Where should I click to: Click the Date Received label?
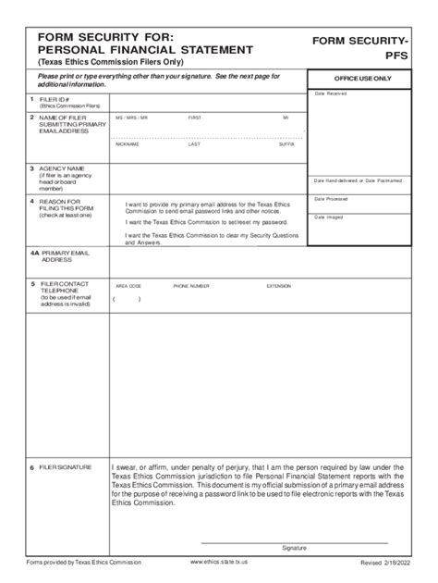click(331, 93)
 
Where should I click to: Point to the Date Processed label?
click(331, 199)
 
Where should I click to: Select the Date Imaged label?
click(328, 217)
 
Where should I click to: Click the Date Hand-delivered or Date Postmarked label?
click(363, 180)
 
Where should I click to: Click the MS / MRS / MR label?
click(132, 118)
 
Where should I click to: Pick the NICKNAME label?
click(128, 144)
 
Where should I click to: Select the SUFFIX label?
click(286, 144)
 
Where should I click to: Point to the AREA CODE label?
click(128, 287)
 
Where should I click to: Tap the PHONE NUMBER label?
click(191, 287)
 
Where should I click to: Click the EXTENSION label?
click(278, 287)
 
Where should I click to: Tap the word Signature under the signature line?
click(294, 548)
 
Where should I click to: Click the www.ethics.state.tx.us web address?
click(218, 562)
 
